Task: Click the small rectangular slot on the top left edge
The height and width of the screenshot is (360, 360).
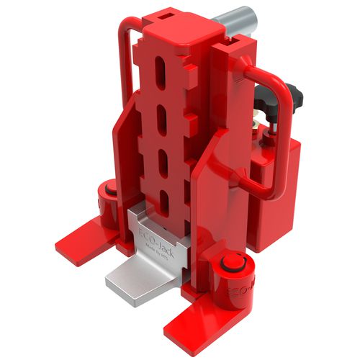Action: pos(168,14)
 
